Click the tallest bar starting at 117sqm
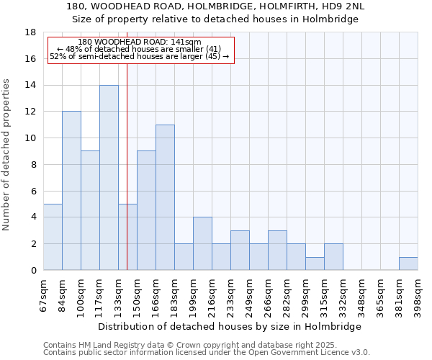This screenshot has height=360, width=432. pos(109,178)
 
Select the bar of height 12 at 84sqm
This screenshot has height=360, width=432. pos(71,191)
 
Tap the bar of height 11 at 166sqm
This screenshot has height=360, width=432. pos(165,197)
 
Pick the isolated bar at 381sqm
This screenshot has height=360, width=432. pos(408,264)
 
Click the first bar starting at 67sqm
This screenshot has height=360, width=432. pos(53,237)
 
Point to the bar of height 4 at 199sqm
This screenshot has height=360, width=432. pos(202,243)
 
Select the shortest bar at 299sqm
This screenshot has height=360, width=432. pos(315,264)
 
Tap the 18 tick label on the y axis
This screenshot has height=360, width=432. pos(30,32)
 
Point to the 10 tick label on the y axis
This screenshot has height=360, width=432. pos(30,138)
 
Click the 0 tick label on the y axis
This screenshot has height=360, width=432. pos(33,271)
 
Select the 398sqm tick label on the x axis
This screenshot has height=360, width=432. pos(418,295)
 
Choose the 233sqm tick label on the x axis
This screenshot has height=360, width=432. pos(231,295)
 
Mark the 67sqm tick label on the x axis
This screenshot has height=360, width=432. pos(44,295)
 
